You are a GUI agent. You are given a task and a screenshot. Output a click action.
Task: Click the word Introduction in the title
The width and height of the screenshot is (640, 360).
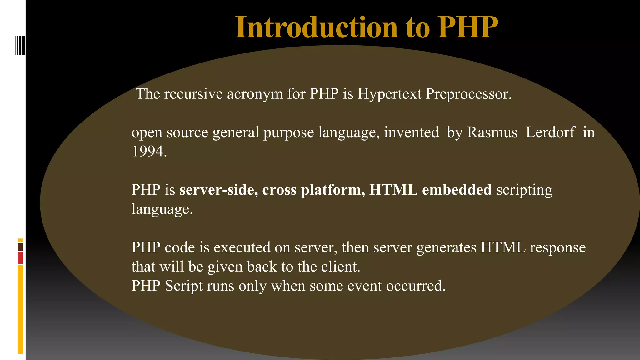(316, 27)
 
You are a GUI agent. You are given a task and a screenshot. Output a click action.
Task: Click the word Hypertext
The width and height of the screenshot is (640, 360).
(389, 94)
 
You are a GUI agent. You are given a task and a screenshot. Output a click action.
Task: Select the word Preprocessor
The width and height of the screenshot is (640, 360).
(468, 94)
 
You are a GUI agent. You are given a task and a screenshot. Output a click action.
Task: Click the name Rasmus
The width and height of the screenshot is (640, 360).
(492, 132)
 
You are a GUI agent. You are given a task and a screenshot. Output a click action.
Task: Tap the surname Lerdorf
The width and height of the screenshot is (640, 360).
(550, 132)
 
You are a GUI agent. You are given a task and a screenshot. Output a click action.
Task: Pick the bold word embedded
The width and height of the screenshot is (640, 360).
(457, 190)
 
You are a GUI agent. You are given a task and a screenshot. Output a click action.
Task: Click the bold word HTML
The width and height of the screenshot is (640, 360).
(393, 190)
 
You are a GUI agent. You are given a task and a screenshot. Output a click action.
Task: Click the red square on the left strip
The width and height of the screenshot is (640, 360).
(20, 258)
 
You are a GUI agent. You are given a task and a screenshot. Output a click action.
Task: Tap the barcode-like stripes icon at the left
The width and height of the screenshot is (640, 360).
(20, 46)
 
